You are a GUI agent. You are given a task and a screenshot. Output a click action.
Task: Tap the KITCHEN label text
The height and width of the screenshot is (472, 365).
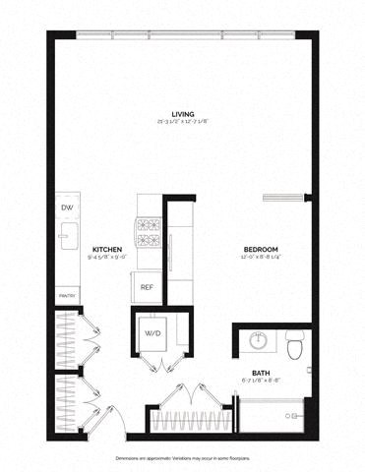pyautogui.click(x=106, y=250)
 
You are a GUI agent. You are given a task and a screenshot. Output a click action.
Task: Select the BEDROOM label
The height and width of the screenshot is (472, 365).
pyautogui.click(x=262, y=250)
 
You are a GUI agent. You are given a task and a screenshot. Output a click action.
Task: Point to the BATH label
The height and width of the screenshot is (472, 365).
pyautogui.click(x=262, y=372)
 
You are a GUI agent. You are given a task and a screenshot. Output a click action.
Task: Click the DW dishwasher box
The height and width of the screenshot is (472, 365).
pyautogui.click(x=68, y=208)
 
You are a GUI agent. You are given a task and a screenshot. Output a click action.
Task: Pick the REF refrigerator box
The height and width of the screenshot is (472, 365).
pyautogui.click(x=146, y=287)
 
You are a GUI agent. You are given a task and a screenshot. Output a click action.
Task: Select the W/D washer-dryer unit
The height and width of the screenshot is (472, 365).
pyautogui.click(x=153, y=333)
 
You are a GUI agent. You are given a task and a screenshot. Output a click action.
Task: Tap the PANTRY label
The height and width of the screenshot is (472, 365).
pyautogui.click(x=67, y=294)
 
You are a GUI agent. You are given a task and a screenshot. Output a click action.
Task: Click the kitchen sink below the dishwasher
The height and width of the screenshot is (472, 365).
pyautogui.click(x=67, y=236)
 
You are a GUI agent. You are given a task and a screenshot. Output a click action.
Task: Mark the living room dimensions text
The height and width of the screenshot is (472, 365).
pyautogui.click(x=182, y=121)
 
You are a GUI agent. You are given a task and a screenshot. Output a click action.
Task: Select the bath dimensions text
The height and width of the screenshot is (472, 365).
pyautogui.click(x=262, y=381)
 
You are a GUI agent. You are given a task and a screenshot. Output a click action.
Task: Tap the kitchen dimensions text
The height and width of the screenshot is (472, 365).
pyautogui.click(x=106, y=259)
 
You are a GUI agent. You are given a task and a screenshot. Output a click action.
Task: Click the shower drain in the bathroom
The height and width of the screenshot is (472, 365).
pyautogui.click(x=290, y=416)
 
